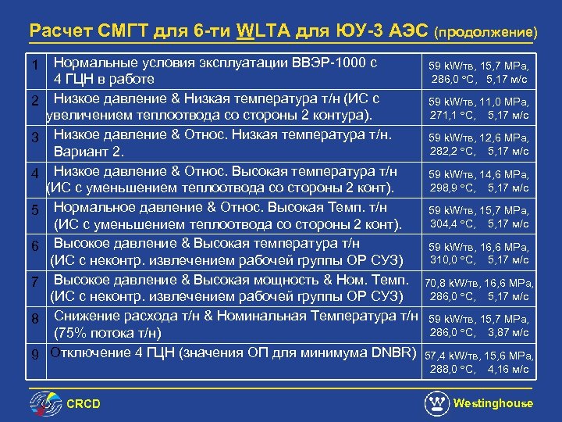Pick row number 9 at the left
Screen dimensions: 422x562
pyautogui.click(x=35, y=354)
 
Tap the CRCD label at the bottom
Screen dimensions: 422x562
pyautogui.click(x=83, y=404)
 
